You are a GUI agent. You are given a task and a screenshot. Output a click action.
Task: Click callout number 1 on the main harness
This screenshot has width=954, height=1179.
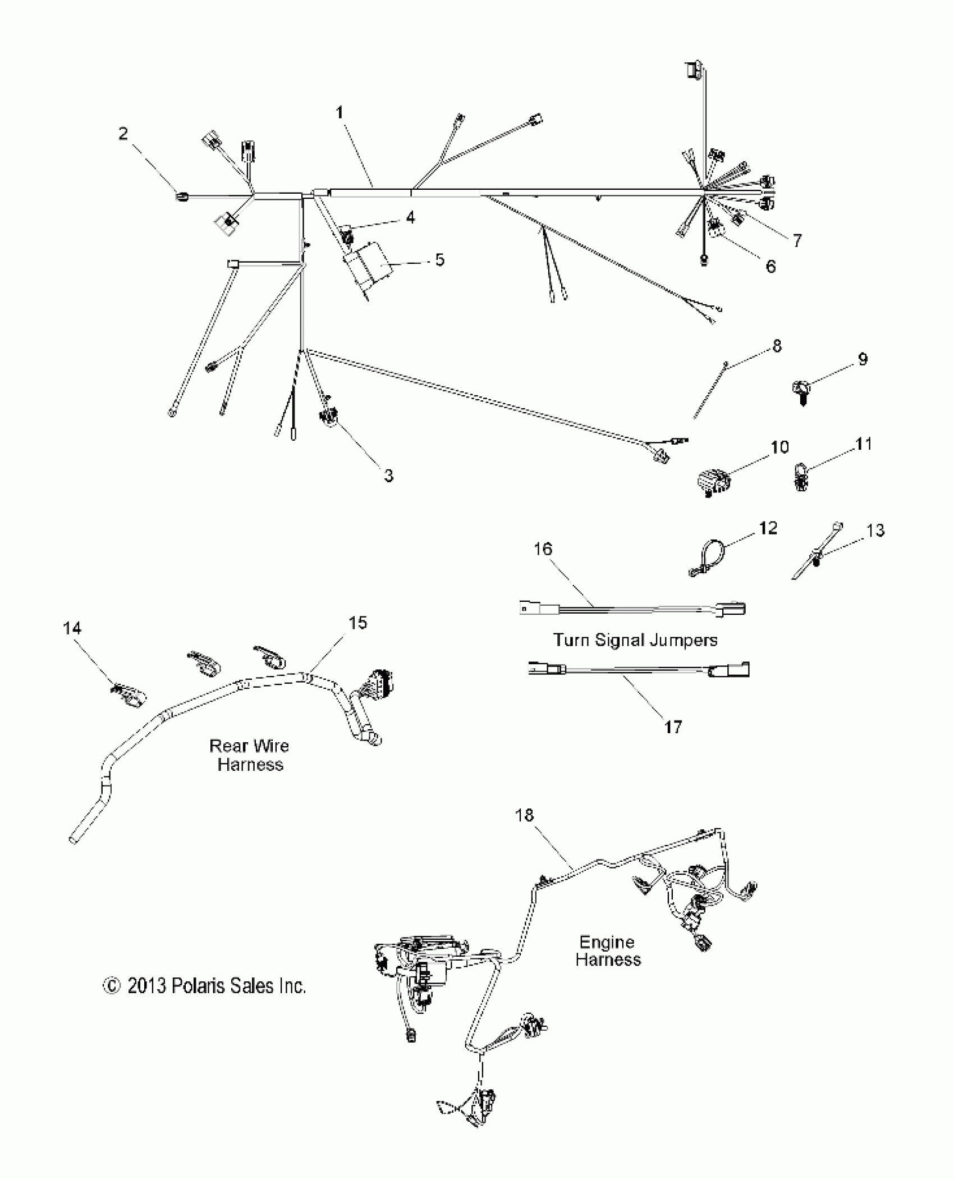(x=340, y=113)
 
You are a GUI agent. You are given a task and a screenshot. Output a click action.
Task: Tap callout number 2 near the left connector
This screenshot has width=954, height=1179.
(x=123, y=134)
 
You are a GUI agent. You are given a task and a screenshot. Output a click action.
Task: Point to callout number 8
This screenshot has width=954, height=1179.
(x=777, y=346)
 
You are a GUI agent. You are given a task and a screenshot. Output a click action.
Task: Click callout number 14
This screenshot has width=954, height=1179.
(x=72, y=628)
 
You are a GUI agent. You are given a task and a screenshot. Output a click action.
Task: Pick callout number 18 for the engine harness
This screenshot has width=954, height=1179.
(x=524, y=815)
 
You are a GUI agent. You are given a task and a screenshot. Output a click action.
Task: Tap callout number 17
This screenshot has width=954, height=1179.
(x=673, y=728)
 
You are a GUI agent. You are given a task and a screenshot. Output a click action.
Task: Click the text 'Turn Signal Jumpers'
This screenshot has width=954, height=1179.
(x=635, y=640)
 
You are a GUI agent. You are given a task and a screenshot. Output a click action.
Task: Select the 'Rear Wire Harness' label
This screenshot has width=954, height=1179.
(x=250, y=755)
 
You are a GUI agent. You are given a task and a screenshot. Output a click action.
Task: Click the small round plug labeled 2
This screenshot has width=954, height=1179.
(x=182, y=196)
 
